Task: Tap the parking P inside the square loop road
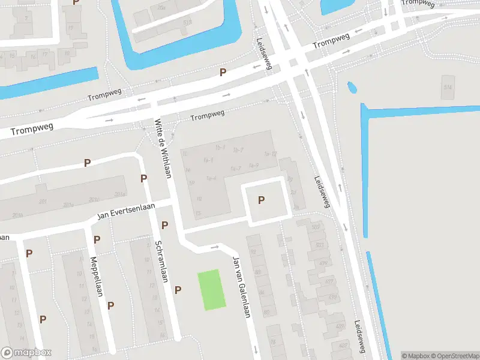point(261,200)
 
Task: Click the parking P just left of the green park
point(178,290)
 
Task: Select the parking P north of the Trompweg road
point(223,73)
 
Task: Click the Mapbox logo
point(26,353)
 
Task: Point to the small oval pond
point(352,89)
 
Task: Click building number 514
point(447,88)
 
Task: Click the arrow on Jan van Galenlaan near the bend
point(214,247)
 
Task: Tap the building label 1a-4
point(211,178)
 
